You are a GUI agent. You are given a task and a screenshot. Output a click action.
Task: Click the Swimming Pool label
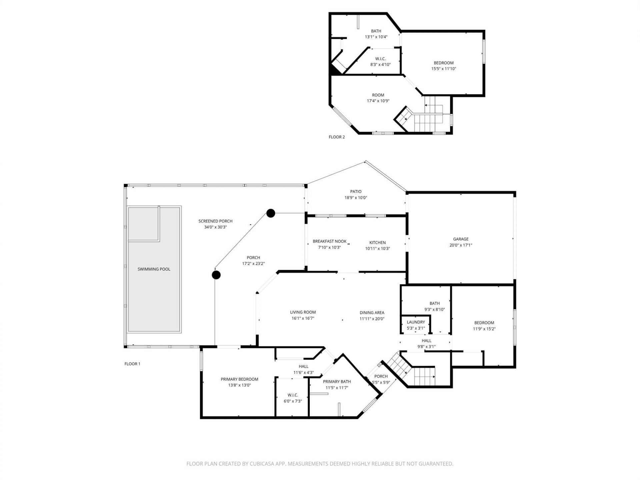click(154, 269)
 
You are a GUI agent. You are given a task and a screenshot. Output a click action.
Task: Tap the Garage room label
click(461, 239)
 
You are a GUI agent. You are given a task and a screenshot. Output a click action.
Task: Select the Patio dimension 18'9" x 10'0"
click(356, 198)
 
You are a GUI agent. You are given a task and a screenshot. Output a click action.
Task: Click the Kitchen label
click(377, 243)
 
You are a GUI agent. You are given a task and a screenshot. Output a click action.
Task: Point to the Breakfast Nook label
click(329, 241)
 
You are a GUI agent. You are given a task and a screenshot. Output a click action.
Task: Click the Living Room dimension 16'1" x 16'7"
click(303, 318)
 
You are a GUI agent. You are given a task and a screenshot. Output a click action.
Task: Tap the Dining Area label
click(372, 313)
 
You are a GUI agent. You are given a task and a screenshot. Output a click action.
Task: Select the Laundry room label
click(416, 322)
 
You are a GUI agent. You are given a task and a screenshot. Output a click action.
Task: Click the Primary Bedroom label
click(239, 379)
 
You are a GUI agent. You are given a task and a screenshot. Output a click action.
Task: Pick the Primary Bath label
click(337, 382)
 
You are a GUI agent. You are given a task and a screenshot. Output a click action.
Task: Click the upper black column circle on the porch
click(271, 213)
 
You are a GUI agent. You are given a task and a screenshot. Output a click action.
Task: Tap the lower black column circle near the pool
click(216, 275)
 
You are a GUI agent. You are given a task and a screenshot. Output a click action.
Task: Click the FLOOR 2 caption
click(337, 137)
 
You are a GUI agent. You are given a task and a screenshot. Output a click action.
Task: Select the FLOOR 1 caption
click(132, 364)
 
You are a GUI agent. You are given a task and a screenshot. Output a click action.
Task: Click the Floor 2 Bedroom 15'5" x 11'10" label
click(443, 63)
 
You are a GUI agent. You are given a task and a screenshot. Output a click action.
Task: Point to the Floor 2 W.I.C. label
click(380, 59)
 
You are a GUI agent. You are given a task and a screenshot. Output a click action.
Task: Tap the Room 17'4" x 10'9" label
click(378, 95)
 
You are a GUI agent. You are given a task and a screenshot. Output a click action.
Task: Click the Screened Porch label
click(215, 221)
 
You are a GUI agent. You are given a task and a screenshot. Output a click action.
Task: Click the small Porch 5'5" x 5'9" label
click(381, 376)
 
